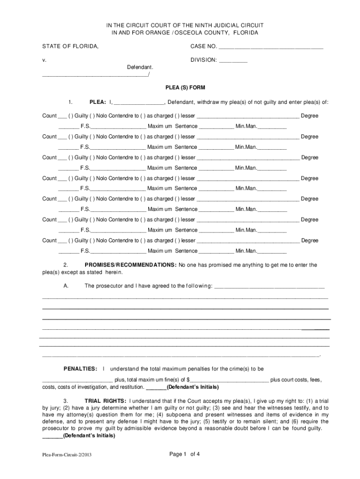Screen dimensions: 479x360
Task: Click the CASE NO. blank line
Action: [x=271, y=47]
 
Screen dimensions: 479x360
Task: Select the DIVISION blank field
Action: [x=233, y=61]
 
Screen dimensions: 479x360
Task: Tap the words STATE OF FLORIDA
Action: [x=70, y=46]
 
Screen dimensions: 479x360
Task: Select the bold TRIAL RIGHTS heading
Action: [x=105, y=401]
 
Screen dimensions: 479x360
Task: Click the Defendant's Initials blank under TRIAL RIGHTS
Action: [x=52, y=436]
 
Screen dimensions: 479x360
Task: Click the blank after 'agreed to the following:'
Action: [x=269, y=286]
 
